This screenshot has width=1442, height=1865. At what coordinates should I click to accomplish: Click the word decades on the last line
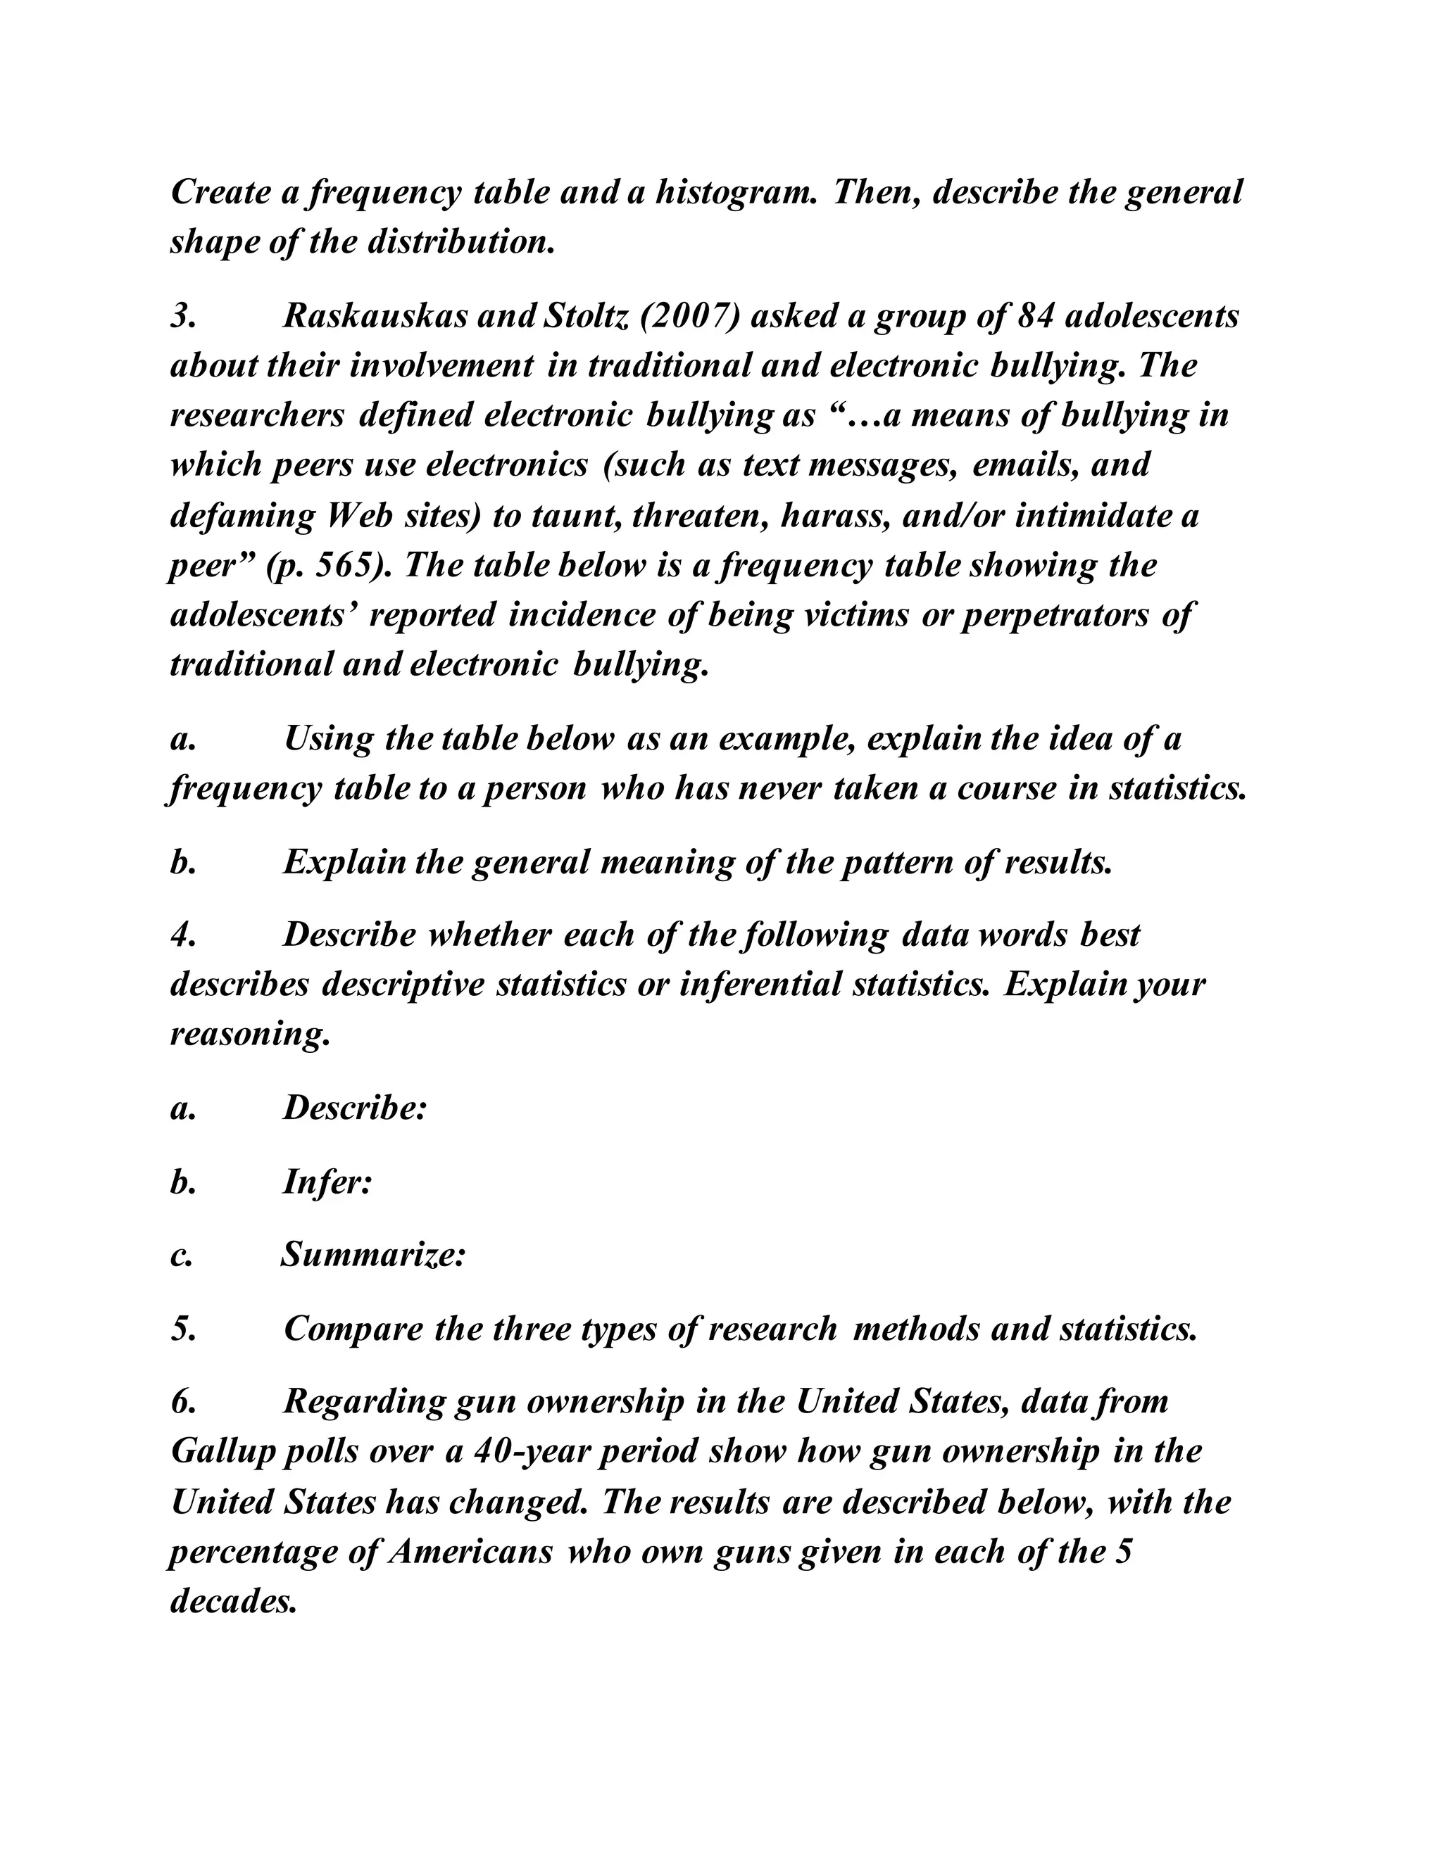232,1600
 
